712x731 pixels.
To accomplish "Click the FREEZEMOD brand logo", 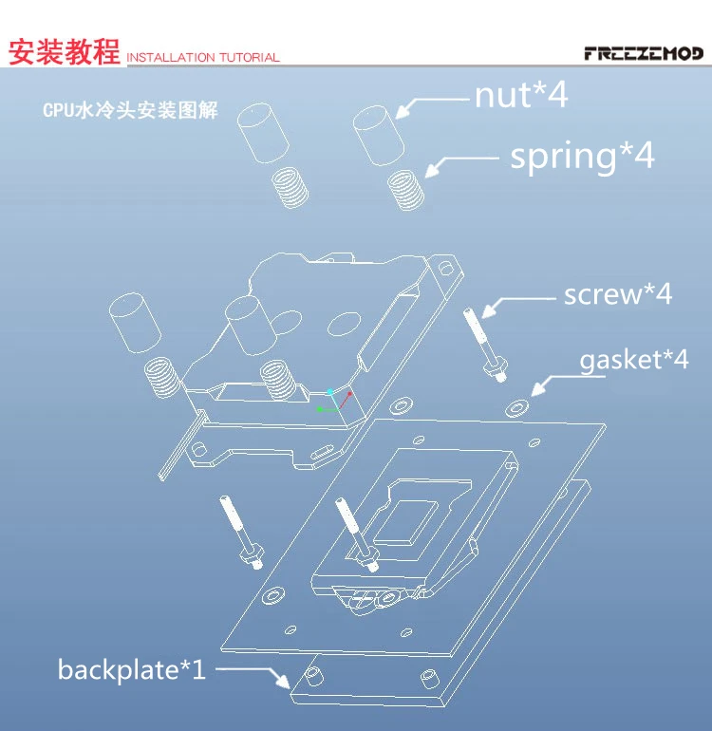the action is [643, 53].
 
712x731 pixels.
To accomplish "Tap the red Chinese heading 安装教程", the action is [64, 51].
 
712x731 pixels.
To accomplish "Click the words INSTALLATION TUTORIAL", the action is [203, 58].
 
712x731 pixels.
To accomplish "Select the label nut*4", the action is [520, 96].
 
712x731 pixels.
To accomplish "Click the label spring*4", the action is [582, 156].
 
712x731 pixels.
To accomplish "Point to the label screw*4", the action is [617, 294].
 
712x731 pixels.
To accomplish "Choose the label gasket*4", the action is [633, 361].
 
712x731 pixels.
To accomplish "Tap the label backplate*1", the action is [131, 669].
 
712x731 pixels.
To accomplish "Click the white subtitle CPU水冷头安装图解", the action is [130, 111].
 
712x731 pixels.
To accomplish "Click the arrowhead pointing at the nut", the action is [403, 112].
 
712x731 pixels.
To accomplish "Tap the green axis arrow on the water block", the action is [323, 409].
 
